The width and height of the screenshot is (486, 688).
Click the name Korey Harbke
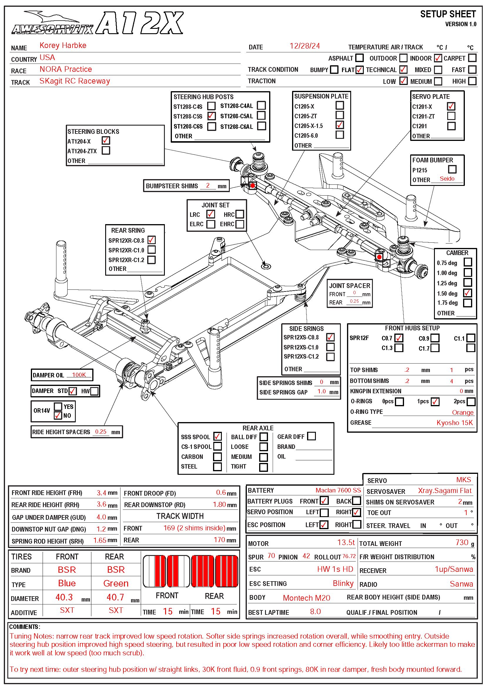tap(63, 46)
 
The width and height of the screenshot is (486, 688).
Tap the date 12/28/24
tap(304, 46)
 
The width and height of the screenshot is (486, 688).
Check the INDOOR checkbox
tap(438, 58)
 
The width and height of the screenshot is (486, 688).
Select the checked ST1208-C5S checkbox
tap(211, 116)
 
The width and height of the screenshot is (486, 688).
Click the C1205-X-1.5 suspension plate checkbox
tap(339, 125)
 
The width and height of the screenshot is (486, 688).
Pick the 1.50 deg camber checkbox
tap(467, 293)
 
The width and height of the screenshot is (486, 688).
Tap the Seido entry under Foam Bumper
tap(447, 179)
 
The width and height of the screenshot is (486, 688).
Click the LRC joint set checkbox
tap(210, 214)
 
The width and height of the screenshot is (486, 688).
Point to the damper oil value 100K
tap(79, 375)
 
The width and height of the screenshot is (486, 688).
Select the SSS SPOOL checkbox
tap(217, 436)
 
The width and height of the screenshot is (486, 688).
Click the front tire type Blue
tap(67, 583)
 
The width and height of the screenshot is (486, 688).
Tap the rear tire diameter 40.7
tap(115, 597)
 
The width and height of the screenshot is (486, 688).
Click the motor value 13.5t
tap(346, 542)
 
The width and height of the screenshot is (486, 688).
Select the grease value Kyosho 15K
tap(454, 423)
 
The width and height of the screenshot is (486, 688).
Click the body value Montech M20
tap(306, 598)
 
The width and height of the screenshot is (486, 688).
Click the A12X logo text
tap(139, 23)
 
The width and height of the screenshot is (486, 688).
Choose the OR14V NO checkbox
tap(58, 416)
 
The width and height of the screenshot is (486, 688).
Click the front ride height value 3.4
tap(101, 493)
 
